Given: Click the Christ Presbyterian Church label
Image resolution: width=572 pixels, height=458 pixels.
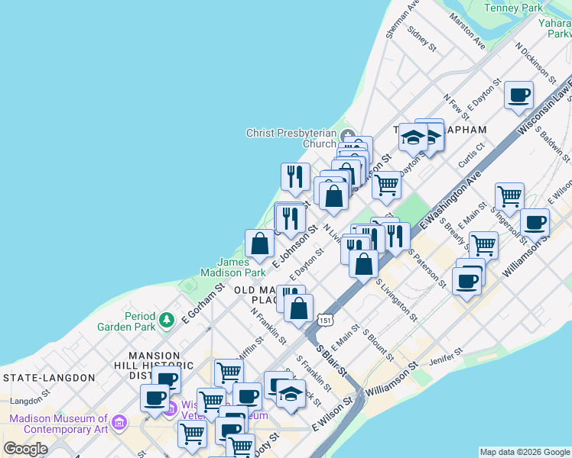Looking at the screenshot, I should coord(291,138).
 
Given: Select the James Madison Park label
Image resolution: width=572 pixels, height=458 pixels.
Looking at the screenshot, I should coord(232,266).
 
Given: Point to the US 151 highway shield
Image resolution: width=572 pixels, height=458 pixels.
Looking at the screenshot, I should coord(326,319).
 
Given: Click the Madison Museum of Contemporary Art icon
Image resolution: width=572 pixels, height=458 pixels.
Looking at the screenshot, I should coord(119,422).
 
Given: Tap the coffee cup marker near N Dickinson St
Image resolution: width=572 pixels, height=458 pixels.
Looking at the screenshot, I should coord(519,96).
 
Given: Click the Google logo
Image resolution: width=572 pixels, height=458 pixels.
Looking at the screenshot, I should coord(25,449).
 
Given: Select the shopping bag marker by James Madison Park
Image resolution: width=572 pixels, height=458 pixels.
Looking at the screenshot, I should coord(260,244).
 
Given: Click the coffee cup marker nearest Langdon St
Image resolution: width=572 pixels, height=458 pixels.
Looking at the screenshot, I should coord(155,398).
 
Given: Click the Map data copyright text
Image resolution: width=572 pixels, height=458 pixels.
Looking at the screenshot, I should coord(525,452).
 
